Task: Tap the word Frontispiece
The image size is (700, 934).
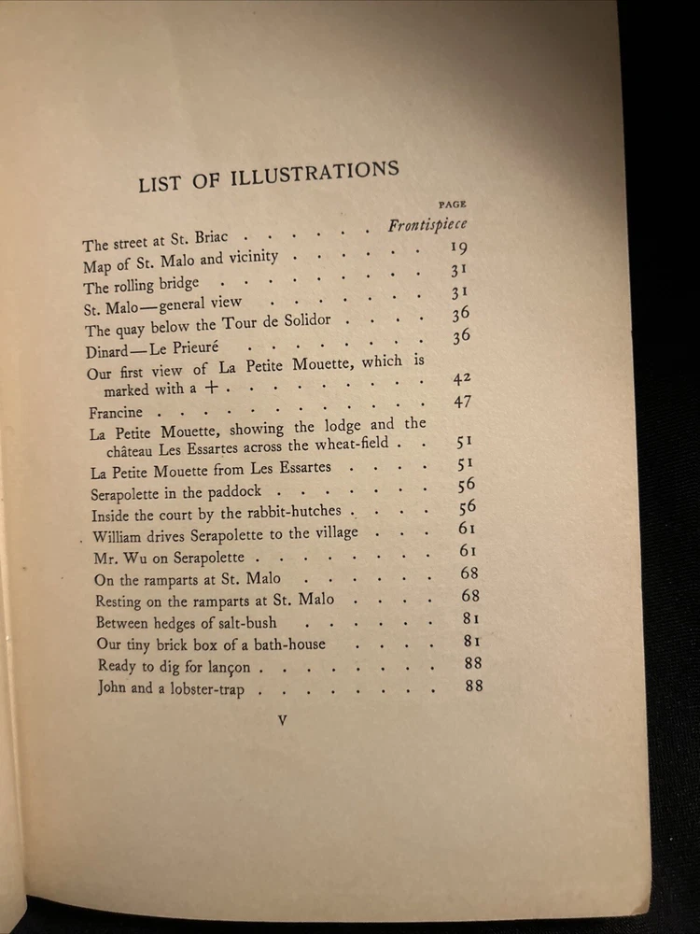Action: pyautogui.click(x=427, y=225)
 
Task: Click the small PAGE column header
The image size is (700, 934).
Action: pyautogui.click(x=452, y=203)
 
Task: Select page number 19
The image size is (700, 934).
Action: pyautogui.click(x=457, y=248)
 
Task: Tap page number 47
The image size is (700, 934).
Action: pyautogui.click(x=463, y=402)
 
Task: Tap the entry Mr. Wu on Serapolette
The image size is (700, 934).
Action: pyautogui.click(x=156, y=558)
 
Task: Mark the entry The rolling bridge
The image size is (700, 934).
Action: pyautogui.click(x=141, y=286)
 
